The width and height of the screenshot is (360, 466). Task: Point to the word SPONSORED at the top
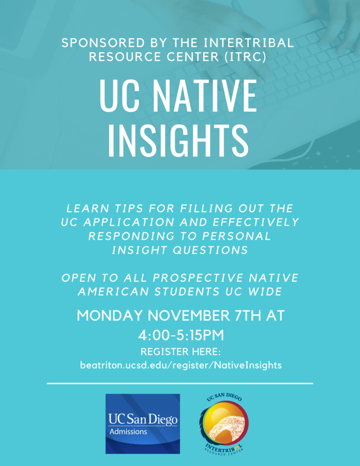[x=103, y=43]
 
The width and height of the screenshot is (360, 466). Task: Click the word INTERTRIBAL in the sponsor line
[x=249, y=43]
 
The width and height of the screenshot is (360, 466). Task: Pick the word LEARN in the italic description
[x=88, y=209]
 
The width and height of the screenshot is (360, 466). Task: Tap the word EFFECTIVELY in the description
[x=256, y=222]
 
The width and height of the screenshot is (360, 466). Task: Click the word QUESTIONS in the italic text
[x=210, y=250]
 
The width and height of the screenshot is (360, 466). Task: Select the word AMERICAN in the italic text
[x=113, y=291]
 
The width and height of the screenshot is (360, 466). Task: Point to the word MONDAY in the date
[x=110, y=316]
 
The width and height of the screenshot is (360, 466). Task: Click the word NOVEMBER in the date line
[x=189, y=316]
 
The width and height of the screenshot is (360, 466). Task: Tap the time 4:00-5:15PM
[x=181, y=335]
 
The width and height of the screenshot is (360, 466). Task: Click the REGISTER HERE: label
[x=181, y=352]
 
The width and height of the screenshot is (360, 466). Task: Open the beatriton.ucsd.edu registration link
[x=181, y=365]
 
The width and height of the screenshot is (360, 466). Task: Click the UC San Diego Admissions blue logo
[x=142, y=424]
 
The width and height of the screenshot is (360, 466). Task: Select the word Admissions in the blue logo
[x=128, y=431]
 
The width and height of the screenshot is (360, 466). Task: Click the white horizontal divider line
[x=180, y=383]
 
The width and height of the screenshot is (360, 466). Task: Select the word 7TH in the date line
[x=248, y=316]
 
